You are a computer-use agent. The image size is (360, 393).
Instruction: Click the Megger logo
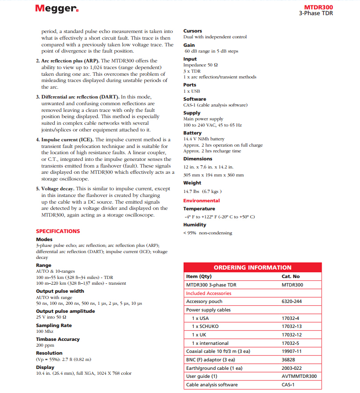point(57,9)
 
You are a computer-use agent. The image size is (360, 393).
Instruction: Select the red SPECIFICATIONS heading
point(58,231)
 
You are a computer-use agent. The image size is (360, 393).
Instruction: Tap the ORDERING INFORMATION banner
point(253,267)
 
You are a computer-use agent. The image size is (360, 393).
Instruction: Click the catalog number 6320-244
point(291,302)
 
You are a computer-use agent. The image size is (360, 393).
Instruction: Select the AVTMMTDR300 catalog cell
point(299,377)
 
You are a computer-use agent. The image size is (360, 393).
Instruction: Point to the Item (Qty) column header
point(198,276)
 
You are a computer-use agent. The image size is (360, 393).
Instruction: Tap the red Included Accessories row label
point(209,293)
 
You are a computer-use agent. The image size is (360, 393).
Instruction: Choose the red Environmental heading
point(201,201)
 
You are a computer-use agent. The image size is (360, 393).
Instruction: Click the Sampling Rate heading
point(54,325)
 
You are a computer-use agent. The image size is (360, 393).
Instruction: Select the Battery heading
point(192,133)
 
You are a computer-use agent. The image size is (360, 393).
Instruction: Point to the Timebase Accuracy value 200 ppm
point(45,345)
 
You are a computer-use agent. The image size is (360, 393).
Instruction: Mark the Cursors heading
point(192,31)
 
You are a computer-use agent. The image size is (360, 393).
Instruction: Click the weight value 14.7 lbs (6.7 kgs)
point(202,192)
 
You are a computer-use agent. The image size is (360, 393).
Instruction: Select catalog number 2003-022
point(291,368)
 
